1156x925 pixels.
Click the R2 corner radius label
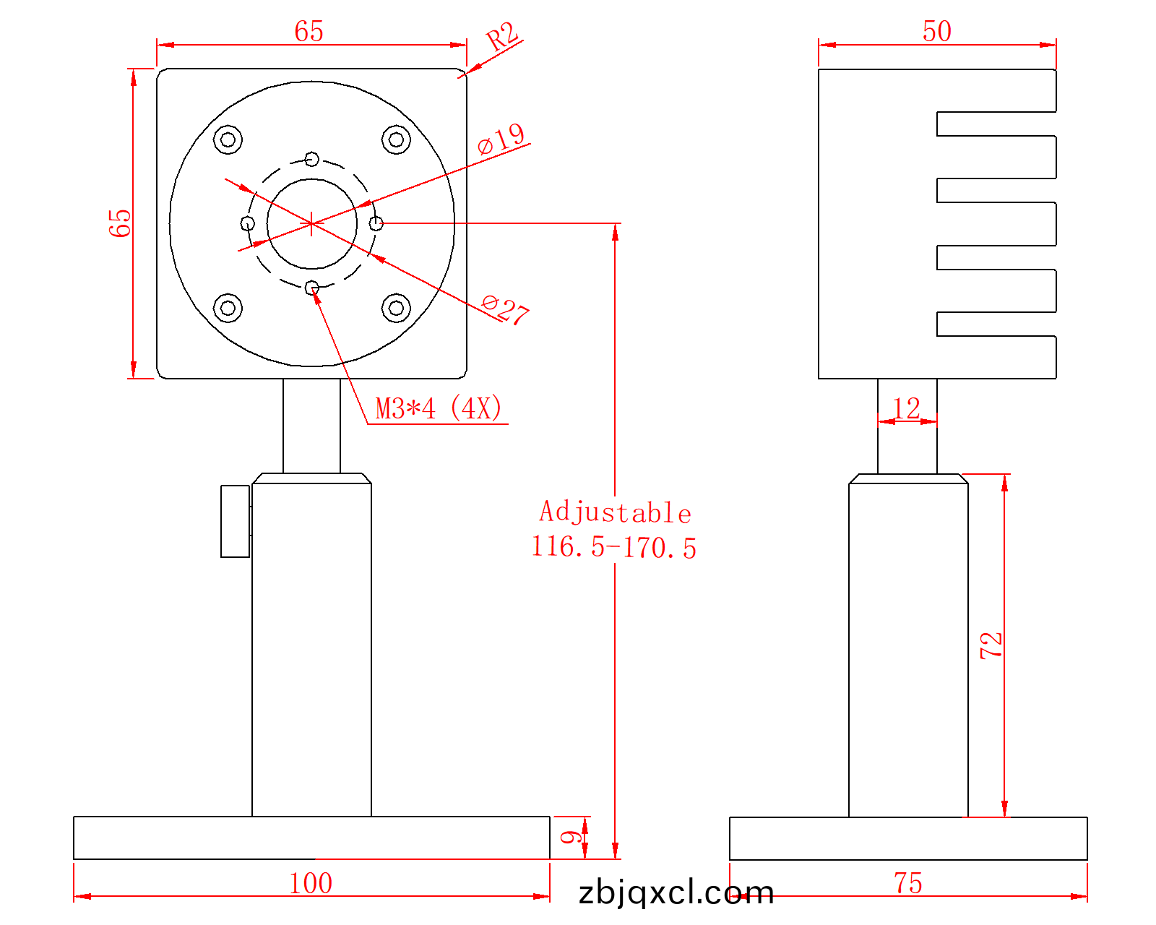[x=503, y=36]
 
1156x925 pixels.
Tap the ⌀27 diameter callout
[x=506, y=309]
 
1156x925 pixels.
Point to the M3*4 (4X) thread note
[x=439, y=409]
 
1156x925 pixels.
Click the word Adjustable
[x=615, y=512]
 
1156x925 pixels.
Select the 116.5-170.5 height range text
[x=613, y=547]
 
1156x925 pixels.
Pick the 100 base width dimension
[x=311, y=883]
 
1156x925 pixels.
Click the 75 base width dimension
[x=908, y=883]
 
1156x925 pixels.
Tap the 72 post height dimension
[x=991, y=645]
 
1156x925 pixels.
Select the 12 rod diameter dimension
[x=906, y=408]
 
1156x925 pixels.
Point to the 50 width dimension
[x=937, y=31]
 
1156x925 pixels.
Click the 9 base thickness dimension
[x=571, y=838]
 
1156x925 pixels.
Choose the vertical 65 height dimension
[x=120, y=223]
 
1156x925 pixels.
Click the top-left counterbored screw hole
[x=228, y=139]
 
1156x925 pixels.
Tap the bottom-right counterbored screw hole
[x=396, y=308]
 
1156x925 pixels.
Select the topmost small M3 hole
[x=312, y=159]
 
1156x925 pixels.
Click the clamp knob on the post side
[x=235, y=521]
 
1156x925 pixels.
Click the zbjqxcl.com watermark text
[x=676, y=893]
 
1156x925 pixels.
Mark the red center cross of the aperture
[x=311, y=224]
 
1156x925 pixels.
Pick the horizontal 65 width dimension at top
[x=309, y=31]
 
